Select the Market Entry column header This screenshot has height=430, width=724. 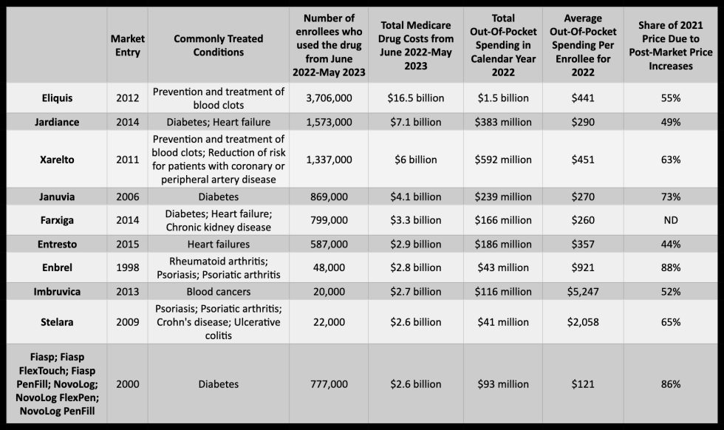pyautogui.click(x=127, y=45)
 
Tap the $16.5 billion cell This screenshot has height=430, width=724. pyautogui.click(x=414, y=98)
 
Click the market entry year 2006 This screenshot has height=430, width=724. pyautogui.click(x=127, y=197)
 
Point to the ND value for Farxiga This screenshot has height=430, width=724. pyautogui.click(x=671, y=219)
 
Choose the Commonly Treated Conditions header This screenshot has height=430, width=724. pyautogui.click(x=219, y=45)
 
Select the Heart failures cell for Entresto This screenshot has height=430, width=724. pyautogui.click(x=219, y=243)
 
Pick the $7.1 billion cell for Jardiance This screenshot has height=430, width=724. pyautogui.click(x=414, y=121)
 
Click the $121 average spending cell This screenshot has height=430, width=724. pyautogui.click(x=583, y=383)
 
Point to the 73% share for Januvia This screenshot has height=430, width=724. pyautogui.click(x=671, y=197)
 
